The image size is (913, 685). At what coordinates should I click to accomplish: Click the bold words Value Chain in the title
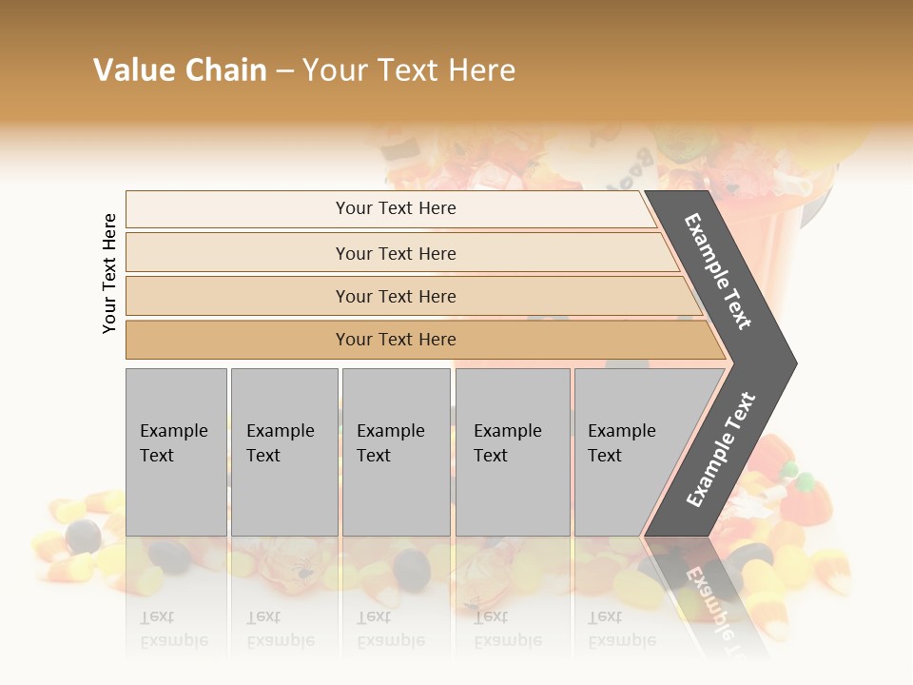click(180, 70)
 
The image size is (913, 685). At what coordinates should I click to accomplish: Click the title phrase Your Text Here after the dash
click(409, 70)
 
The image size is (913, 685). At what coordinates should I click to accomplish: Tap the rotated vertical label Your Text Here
click(109, 273)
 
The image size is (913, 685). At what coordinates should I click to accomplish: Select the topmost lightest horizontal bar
click(396, 208)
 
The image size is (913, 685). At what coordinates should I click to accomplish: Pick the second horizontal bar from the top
click(396, 253)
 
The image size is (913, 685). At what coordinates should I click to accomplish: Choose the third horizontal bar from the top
click(396, 296)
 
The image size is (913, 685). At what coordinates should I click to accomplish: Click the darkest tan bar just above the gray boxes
click(396, 340)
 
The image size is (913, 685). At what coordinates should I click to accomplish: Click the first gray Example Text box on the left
click(175, 451)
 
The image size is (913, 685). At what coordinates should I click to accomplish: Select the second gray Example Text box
click(283, 451)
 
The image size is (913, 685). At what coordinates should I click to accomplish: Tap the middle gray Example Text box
click(395, 451)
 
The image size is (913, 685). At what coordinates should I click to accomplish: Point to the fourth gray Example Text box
click(512, 451)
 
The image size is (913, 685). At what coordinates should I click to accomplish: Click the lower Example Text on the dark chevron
click(721, 450)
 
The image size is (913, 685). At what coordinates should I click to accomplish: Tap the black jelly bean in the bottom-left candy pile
click(84, 537)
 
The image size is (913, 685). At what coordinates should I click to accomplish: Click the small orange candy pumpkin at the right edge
click(810, 495)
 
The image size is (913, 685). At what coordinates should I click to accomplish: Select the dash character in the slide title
click(284, 71)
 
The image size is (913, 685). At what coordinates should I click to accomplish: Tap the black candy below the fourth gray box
click(413, 568)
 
